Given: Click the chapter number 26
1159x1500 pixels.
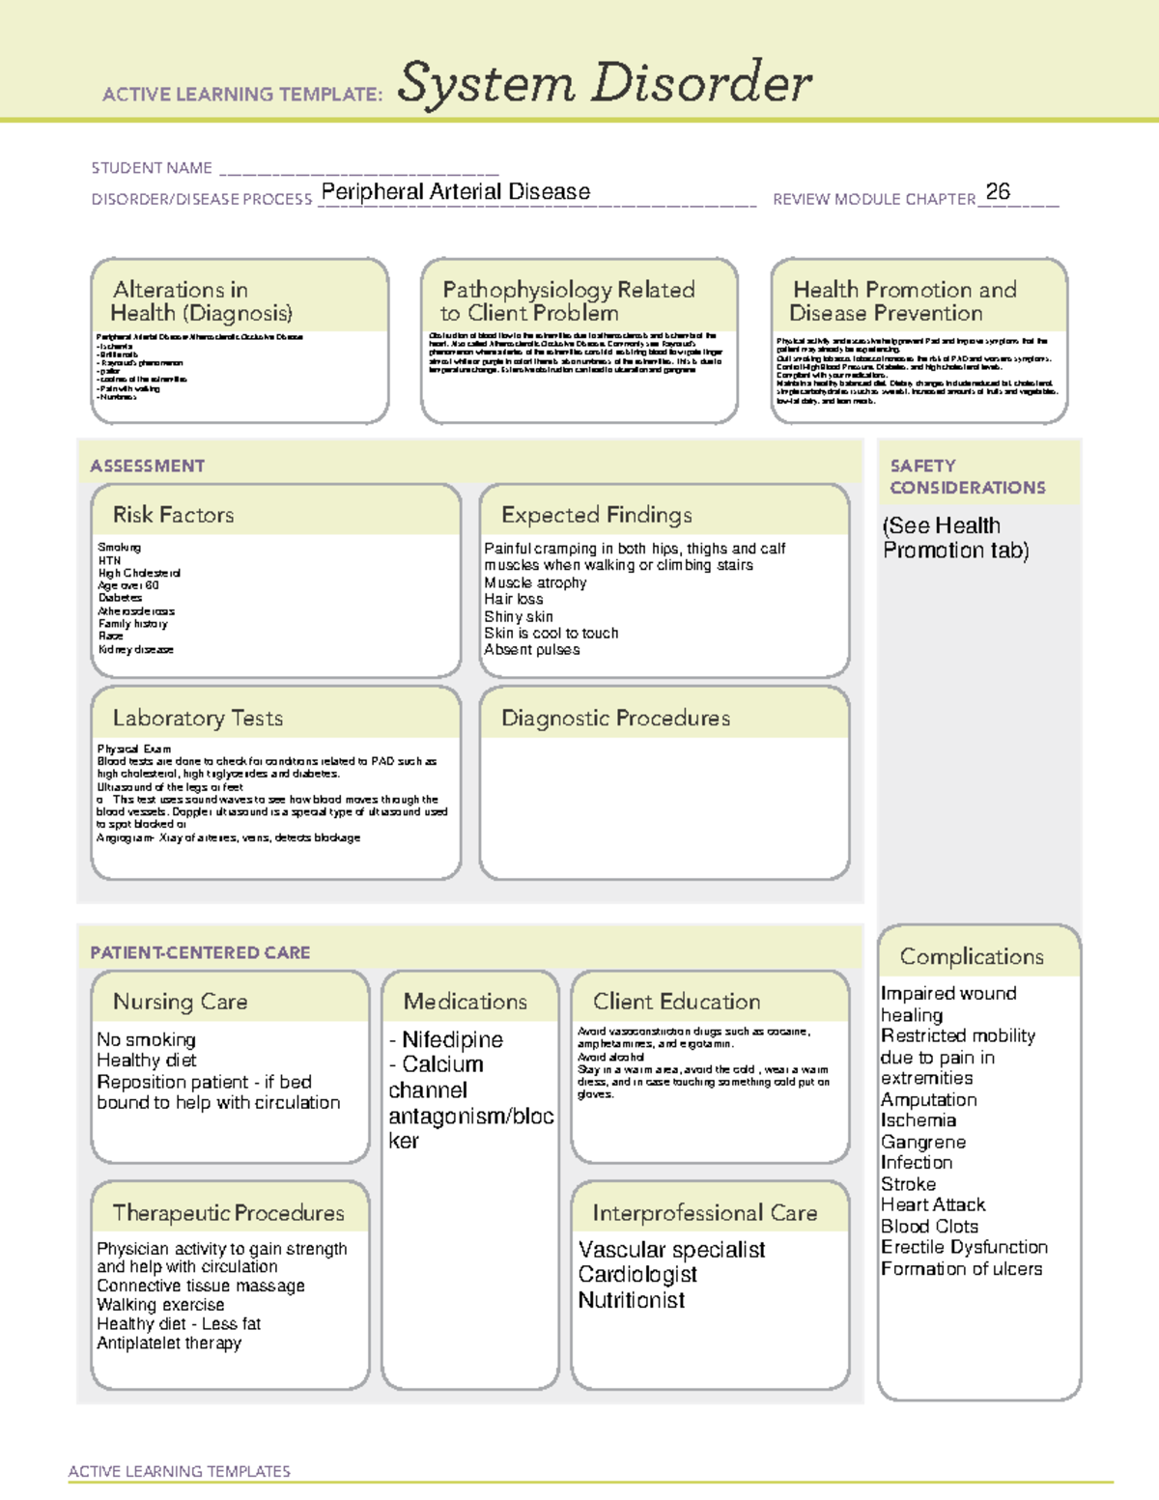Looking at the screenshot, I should coord(998,191).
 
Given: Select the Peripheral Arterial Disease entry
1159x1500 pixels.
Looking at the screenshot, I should coord(455,191).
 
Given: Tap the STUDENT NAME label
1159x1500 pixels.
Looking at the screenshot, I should coord(152,168).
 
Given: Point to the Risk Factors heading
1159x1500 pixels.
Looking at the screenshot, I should coord(173,515).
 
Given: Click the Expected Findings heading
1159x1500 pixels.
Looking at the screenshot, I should coord(596,515).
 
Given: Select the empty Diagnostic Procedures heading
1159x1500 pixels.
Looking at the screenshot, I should coord(615,718).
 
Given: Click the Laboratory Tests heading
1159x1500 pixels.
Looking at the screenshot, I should coord(197,718).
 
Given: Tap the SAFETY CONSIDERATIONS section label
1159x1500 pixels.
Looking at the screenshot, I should coord(967,476).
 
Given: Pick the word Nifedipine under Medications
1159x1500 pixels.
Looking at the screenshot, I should coord(452,1039).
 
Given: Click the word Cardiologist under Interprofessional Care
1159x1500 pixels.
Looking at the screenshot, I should coord(637,1274).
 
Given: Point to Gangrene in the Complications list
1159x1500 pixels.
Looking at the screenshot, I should coord(922,1142).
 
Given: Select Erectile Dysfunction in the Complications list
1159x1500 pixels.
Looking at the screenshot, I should coord(964,1247).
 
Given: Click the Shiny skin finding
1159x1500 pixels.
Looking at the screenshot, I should coord(519,616).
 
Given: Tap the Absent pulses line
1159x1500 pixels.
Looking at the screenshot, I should coord(531,650).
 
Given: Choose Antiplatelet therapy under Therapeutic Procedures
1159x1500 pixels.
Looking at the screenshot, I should coord(169,1343).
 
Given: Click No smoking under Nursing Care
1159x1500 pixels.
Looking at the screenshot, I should coord(146,1039).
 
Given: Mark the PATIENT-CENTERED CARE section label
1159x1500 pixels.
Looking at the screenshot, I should coord(200,952).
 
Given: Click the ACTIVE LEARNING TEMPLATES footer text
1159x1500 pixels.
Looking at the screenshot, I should coord(179,1471).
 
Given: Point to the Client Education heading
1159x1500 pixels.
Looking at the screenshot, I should coord(676,1002).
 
